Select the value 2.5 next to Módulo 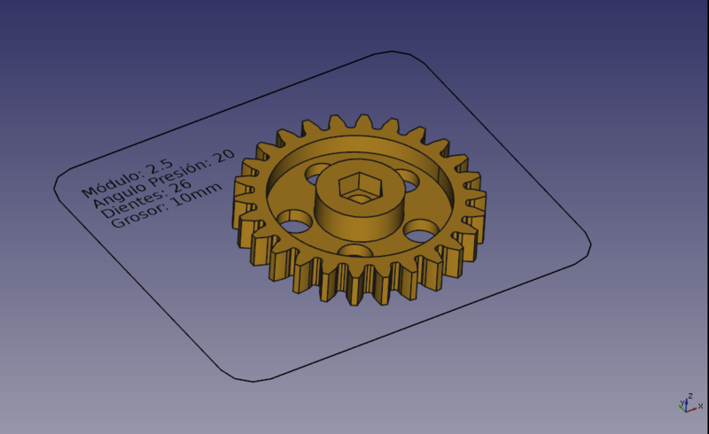tap(159, 166)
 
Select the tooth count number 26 tap(181, 186)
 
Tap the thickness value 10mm tap(197, 194)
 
